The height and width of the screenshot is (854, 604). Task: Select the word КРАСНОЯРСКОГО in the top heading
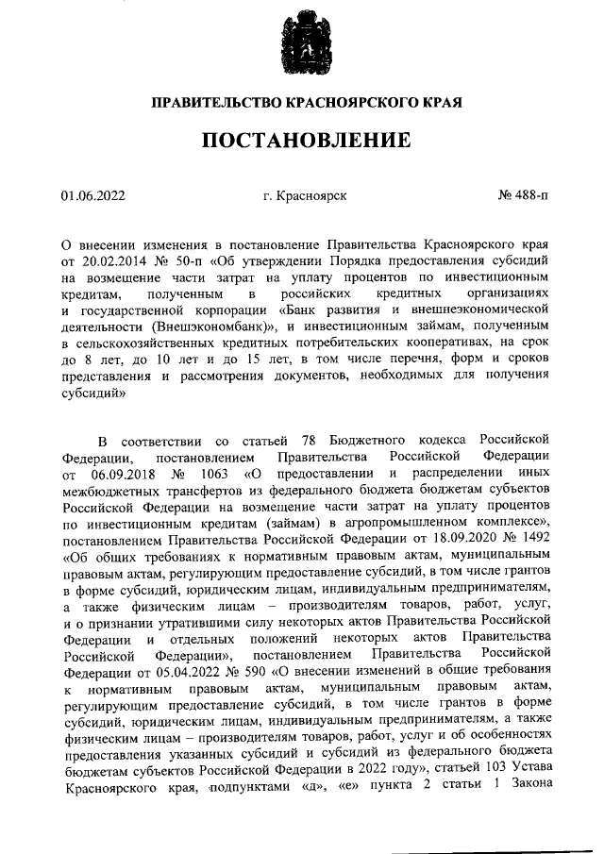pos(321,99)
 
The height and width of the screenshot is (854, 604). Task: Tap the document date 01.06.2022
pos(93,195)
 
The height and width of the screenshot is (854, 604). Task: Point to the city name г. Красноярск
pos(305,195)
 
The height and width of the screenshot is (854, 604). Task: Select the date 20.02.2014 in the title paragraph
pos(110,260)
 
